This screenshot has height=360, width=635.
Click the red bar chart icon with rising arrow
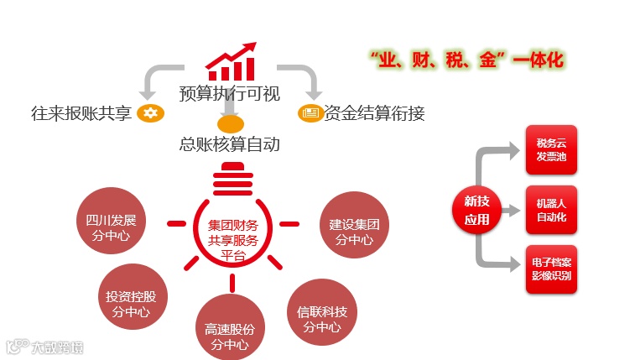click(x=230, y=61)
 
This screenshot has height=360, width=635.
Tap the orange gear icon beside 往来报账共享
click(x=151, y=112)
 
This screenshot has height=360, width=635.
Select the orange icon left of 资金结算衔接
click(x=310, y=112)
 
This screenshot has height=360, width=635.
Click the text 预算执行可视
click(x=229, y=93)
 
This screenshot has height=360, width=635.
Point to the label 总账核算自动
click(x=229, y=143)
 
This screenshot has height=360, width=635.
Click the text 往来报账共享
click(x=81, y=112)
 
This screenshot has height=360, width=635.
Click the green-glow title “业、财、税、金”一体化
click(x=466, y=60)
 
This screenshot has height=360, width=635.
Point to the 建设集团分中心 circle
click(x=355, y=224)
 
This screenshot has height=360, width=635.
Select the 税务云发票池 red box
click(x=551, y=150)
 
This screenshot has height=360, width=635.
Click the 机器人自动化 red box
click(x=551, y=210)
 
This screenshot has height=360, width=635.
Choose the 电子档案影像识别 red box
click(x=551, y=269)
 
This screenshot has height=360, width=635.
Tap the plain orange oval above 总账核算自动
click(x=229, y=124)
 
